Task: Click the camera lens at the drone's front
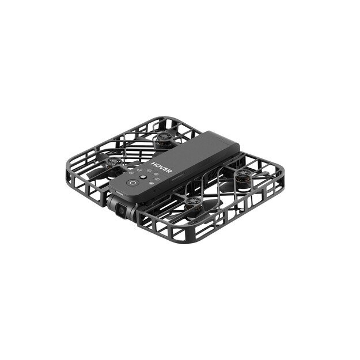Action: click(120, 211)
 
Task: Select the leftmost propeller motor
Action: click(111, 163)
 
